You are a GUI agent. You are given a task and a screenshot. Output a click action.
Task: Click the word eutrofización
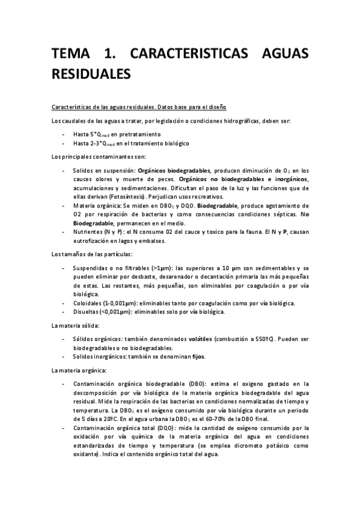[91, 240]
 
